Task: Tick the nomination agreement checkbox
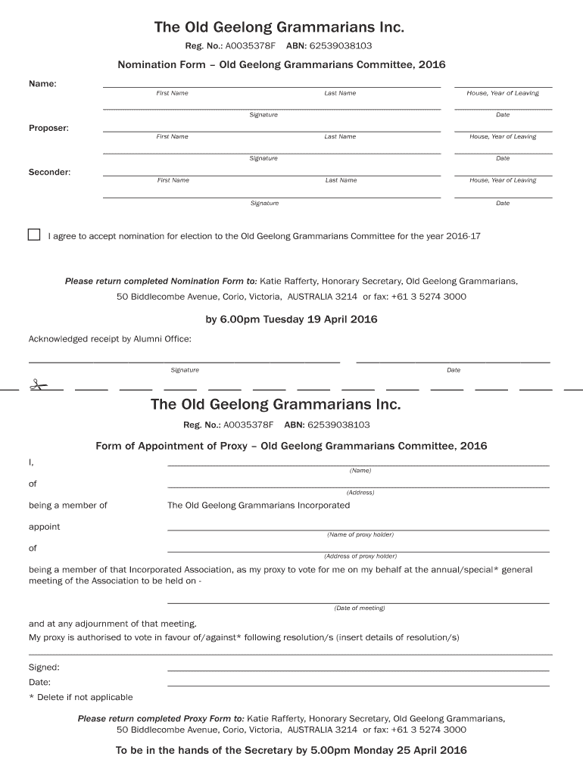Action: pos(34,235)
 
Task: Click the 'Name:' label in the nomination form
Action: pos(42,83)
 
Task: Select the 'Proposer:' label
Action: pos(48,128)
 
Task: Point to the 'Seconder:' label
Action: pos(49,172)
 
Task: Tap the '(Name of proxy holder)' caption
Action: pos(360,534)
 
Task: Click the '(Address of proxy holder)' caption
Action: pos(360,556)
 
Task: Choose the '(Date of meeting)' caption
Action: pos(360,608)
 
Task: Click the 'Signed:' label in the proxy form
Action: pos(44,668)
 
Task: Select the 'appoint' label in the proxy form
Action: pos(44,527)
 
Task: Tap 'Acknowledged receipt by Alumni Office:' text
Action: pos(110,339)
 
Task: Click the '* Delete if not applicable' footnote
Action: pos(80,697)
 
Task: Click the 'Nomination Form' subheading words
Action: pos(161,65)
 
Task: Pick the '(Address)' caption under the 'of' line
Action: pos(360,492)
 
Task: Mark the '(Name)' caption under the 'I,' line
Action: pos(360,470)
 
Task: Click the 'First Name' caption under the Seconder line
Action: pos(173,180)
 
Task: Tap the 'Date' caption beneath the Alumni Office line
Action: pos(454,370)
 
